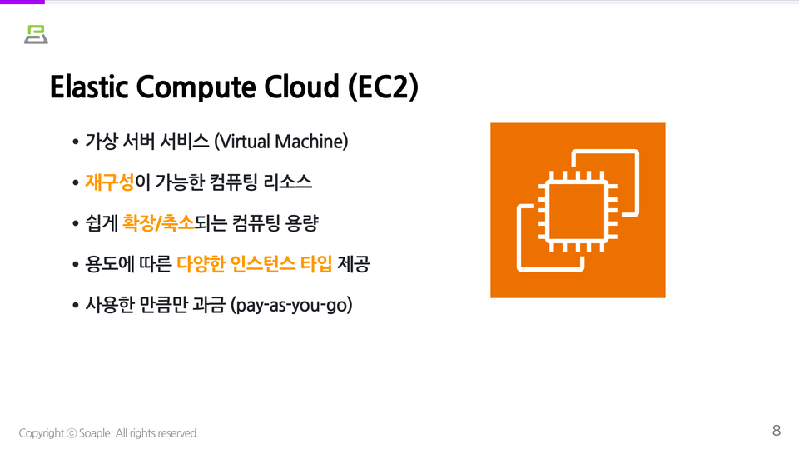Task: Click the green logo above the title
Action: pyautogui.click(x=36, y=35)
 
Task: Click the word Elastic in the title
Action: pyautogui.click(x=89, y=87)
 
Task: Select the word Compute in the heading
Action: pyautogui.click(x=196, y=87)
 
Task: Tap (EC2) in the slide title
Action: pyautogui.click(x=383, y=87)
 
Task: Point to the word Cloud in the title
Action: pyautogui.click(x=301, y=87)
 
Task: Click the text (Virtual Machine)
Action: pyautogui.click(x=281, y=142)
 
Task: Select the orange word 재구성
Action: pyautogui.click(x=110, y=182)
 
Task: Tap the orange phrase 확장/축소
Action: pyautogui.click(x=158, y=223)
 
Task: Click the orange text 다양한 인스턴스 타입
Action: pyautogui.click(x=255, y=264)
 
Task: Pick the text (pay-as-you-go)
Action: pyautogui.click(x=291, y=305)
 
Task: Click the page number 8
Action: pyautogui.click(x=777, y=431)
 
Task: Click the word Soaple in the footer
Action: pyautogui.click(x=95, y=433)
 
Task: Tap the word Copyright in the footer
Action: pyautogui.click(x=42, y=434)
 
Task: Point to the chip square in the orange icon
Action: pyautogui.click(x=578, y=211)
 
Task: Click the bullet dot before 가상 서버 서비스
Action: pyautogui.click(x=76, y=142)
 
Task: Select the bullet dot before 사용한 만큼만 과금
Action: pyautogui.click(x=76, y=306)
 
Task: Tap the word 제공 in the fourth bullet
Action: pyautogui.click(x=354, y=264)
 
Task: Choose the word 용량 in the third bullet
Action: pyautogui.click(x=302, y=223)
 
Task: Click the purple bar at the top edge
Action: pyautogui.click(x=22, y=2)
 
